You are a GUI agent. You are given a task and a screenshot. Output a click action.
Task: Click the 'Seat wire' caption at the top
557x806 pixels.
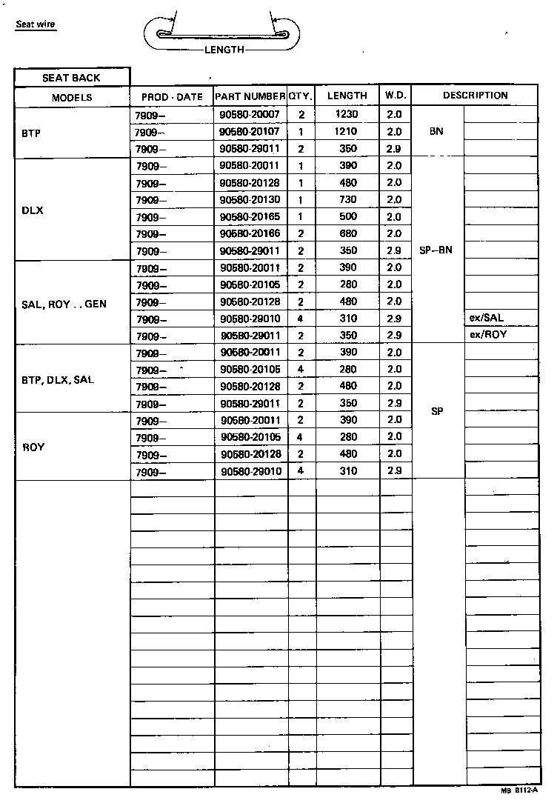coord(36,24)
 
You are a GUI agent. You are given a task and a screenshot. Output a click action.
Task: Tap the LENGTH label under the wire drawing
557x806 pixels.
coord(224,50)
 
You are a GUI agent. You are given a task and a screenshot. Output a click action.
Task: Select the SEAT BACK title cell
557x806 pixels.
coord(71,78)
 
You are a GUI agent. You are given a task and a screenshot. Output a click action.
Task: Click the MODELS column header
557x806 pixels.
coord(72,97)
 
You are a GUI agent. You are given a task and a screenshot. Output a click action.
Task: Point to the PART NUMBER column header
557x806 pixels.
coord(250,96)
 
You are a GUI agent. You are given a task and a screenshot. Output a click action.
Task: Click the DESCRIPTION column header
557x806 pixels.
coord(475,96)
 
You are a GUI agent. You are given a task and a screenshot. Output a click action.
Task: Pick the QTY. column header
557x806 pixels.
coord(301,96)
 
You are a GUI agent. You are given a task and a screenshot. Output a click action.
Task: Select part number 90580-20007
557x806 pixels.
coord(250,115)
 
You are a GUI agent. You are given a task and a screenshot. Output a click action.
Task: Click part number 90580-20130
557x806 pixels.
coord(250,199)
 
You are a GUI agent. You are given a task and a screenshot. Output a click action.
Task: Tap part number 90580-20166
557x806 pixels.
coord(250,233)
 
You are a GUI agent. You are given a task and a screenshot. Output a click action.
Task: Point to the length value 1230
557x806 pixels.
coord(346,115)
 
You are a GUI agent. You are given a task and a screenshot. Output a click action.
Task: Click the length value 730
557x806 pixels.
coord(347,199)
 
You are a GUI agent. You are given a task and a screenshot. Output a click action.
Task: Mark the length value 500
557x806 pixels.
coord(347,216)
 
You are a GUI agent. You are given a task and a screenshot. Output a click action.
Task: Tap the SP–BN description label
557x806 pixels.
coord(436,250)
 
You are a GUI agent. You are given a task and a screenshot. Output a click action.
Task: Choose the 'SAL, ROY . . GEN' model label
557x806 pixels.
coord(65,304)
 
